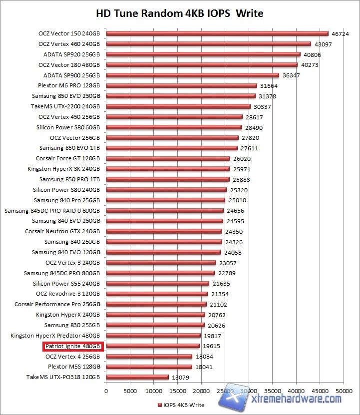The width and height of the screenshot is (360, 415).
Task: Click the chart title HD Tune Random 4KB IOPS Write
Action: [180, 13]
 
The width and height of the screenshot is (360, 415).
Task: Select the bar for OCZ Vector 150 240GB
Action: [217, 34]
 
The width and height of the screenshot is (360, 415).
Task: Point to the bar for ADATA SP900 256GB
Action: [192, 75]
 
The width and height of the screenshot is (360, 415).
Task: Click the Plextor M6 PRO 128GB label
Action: [69, 86]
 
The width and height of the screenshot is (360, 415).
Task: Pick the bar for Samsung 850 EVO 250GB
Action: [180, 96]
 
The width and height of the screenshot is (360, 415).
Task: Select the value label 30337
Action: [262, 107]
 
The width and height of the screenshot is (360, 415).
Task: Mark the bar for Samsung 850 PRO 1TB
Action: [167, 179]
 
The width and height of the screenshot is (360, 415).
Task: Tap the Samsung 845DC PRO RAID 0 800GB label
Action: [52, 211]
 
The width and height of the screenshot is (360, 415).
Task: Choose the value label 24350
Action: [234, 232]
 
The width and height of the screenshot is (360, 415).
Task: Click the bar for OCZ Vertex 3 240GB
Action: [161, 263]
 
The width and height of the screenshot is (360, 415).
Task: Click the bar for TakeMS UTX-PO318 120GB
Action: [137, 377]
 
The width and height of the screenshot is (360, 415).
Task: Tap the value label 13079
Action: [180, 378]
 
